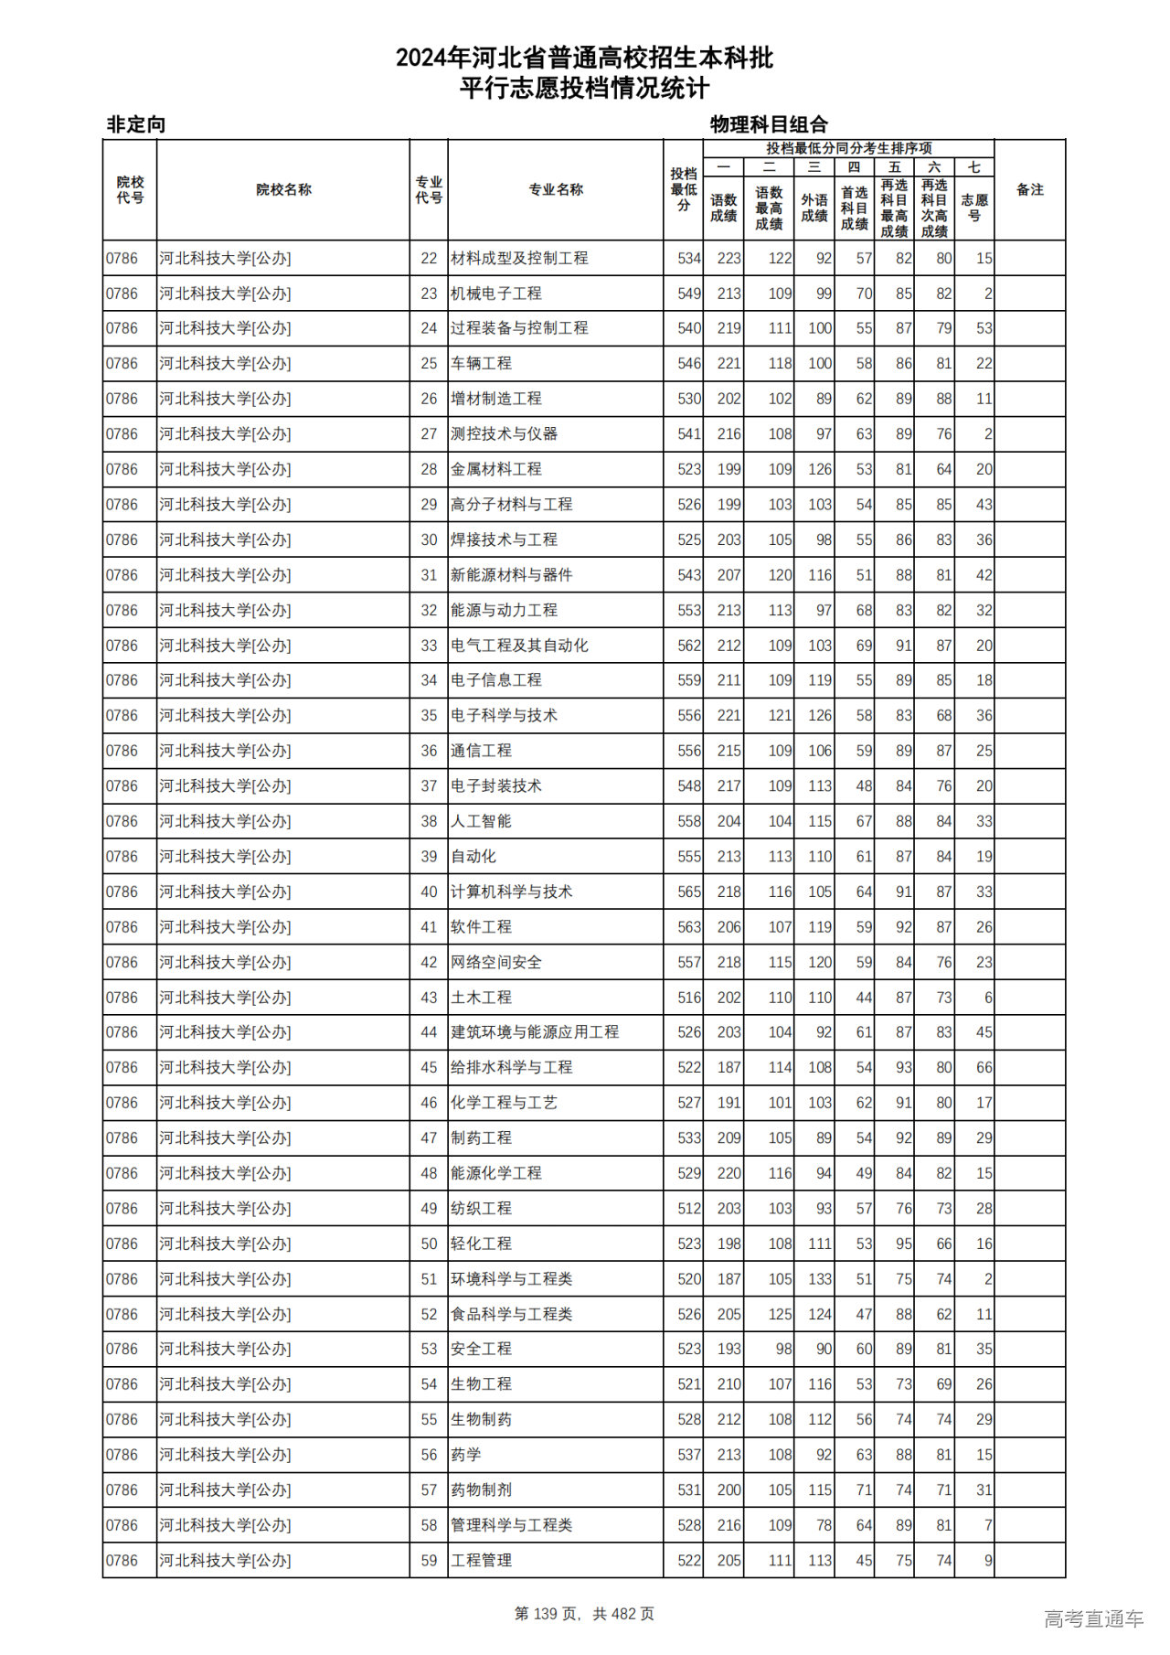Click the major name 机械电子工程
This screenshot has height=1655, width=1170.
pyautogui.click(x=496, y=294)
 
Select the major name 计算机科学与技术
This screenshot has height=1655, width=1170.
pyautogui.click(x=511, y=892)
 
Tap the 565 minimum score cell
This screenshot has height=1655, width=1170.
pyautogui.click(x=689, y=892)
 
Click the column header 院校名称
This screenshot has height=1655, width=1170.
pyautogui.click(x=283, y=190)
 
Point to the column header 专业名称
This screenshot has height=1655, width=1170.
pyautogui.click(x=556, y=190)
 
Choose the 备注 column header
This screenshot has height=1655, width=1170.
pyautogui.click(x=1029, y=190)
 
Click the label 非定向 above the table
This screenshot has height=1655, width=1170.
pyautogui.click(x=136, y=124)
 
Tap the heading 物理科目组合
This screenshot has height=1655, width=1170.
pyautogui.click(x=769, y=124)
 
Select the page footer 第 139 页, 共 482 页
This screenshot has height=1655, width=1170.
pyautogui.click(x=584, y=1614)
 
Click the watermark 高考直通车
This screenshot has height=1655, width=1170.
pyautogui.click(x=1093, y=1618)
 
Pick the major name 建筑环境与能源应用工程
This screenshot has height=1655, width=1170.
pyautogui.click(x=535, y=1032)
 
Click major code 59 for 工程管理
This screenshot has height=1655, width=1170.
pyautogui.click(x=429, y=1561)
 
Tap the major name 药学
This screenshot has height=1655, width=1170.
pyautogui.click(x=466, y=1455)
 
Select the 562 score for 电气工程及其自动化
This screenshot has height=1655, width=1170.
pyautogui.click(x=689, y=646)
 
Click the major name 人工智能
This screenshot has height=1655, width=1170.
pyautogui.click(x=481, y=821)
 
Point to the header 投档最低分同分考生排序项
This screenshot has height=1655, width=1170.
pyautogui.click(x=848, y=148)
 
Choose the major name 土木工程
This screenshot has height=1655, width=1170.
pyautogui.click(x=481, y=998)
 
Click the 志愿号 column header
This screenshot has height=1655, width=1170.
pyautogui.click(x=974, y=208)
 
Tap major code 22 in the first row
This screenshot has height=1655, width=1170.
pyautogui.click(x=429, y=259)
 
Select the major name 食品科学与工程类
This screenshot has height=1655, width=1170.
pyautogui.click(x=511, y=1314)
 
